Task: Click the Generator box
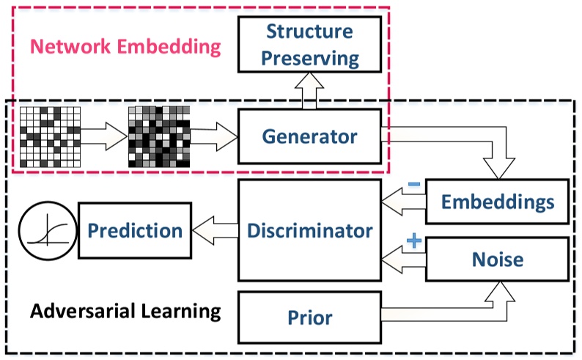click(x=310, y=136)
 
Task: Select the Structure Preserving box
click(x=310, y=44)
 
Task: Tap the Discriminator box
click(x=310, y=230)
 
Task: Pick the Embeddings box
click(x=498, y=202)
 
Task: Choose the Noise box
click(x=498, y=259)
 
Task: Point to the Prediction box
click(x=134, y=231)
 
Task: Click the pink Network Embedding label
click(x=125, y=48)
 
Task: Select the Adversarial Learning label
click(x=125, y=311)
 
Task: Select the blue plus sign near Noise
click(x=413, y=241)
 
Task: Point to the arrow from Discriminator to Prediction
click(x=215, y=231)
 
